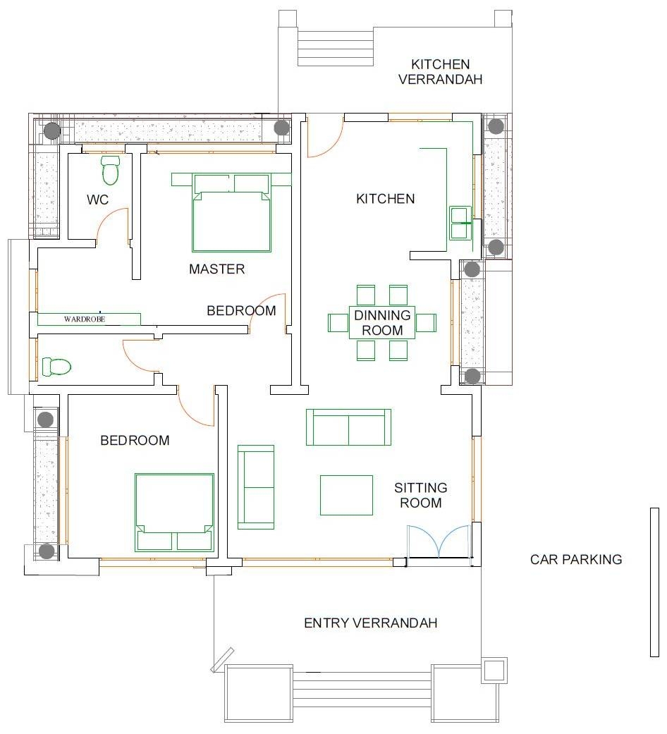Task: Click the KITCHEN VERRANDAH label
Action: [x=441, y=72]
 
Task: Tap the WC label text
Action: [x=98, y=200]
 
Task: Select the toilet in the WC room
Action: [x=111, y=170]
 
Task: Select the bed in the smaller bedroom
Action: [x=174, y=511]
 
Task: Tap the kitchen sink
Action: [x=460, y=223]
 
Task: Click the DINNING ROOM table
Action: [x=382, y=323]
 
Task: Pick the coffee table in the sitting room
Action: [x=346, y=495]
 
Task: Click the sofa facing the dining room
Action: [x=348, y=427]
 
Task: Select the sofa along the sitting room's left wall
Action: [x=256, y=487]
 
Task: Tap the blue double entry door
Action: [x=439, y=542]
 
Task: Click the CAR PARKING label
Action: [x=576, y=560]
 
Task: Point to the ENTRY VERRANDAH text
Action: [x=370, y=623]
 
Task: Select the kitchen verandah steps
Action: [x=334, y=47]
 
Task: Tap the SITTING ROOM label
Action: [x=420, y=495]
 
